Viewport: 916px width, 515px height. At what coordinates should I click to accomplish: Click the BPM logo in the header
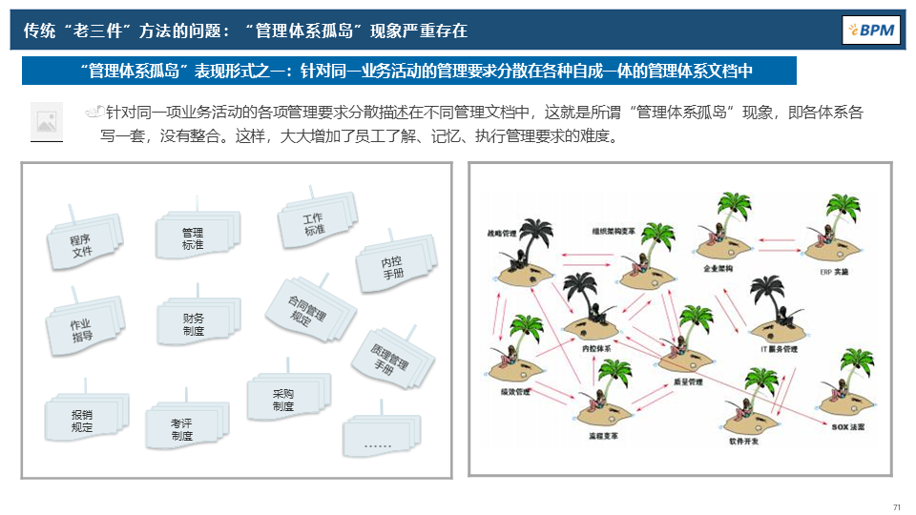point(871,31)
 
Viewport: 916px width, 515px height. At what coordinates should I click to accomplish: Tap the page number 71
point(896,507)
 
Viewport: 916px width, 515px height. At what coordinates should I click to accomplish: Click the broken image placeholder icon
point(46,121)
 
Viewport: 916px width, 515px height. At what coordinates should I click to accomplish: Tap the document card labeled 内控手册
point(392,267)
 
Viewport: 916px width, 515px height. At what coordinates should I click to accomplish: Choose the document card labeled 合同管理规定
point(306,310)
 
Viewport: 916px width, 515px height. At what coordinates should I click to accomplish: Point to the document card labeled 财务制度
point(194,324)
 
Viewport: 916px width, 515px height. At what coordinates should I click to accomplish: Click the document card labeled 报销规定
point(83,421)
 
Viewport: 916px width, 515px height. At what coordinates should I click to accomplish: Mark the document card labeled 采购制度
point(283,400)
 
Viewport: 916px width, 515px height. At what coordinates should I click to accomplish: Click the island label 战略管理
point(502,232)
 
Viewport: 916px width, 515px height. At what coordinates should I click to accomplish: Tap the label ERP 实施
point(833,272)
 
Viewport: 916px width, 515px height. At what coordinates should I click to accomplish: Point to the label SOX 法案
point(847,427)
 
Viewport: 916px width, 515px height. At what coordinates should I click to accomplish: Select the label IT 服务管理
point(779,349)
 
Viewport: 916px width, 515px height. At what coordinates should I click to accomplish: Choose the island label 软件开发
point(744,443)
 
